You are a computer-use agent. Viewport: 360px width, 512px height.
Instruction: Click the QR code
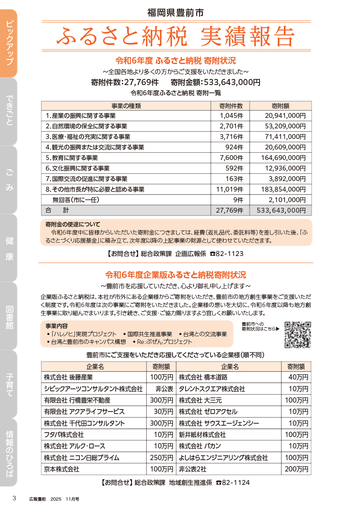[x=297, y=335]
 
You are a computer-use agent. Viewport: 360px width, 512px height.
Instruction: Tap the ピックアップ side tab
[x=9, y=43]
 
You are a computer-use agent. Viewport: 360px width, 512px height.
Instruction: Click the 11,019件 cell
[x=230, y=189]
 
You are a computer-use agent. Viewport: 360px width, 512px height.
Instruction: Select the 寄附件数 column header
[x=231, y=106]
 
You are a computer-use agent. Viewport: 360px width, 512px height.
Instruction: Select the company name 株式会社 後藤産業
[x=68, y=377]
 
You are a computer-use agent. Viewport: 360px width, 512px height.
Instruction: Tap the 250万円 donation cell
[x=162, y=458]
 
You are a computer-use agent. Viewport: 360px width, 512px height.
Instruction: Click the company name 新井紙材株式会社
[x=202, y=435]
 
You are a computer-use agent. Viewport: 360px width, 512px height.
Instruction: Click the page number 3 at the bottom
[x=14, y=498]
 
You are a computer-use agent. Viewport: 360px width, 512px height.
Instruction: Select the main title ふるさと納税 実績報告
[x=175, y=37]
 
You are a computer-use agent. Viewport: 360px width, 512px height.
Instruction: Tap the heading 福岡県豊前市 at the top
[x=175, y=13]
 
